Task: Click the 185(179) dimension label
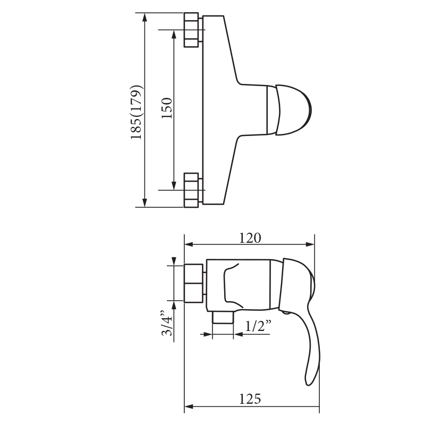pos(137,112)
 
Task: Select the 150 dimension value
pos(167,108)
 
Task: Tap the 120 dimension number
pos(250,238)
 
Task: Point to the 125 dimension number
pos(250,399)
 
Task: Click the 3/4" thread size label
pos(167,323)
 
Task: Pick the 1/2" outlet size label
pos(258,326)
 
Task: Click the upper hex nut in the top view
pos(191,30)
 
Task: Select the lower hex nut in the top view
pos(191,190)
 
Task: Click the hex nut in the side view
pos(193,283)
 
